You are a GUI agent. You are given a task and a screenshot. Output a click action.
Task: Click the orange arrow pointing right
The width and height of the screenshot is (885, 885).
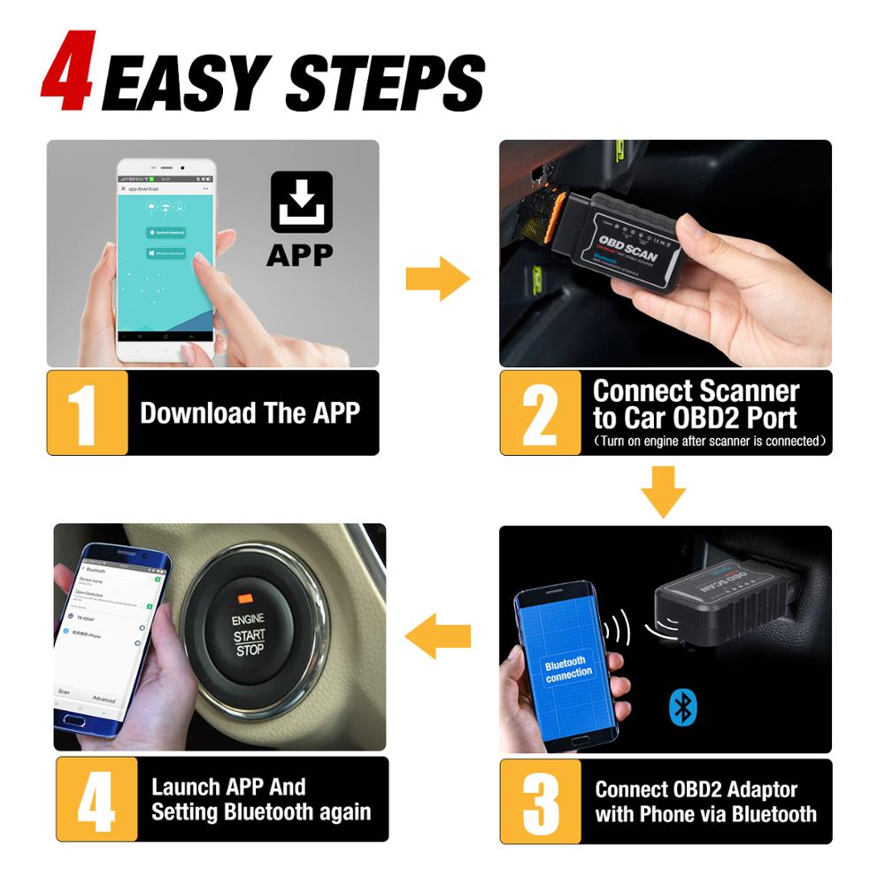tap(438, 281)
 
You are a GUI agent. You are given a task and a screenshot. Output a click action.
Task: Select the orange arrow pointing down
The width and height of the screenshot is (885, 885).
tap(663, 491)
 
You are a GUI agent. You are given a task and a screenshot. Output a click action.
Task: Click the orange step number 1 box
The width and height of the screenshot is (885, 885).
tap(87, 412)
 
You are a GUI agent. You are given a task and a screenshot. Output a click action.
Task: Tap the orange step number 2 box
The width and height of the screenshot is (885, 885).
tap(540, 412)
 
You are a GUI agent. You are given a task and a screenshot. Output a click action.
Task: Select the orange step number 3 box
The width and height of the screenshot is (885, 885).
tap(540, 801)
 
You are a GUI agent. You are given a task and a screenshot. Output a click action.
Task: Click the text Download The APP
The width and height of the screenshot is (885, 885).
tap(250, 413)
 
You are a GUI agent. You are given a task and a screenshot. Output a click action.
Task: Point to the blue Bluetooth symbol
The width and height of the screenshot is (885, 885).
tap(682, 705)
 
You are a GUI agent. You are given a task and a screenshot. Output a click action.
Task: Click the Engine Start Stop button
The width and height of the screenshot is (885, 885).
tap(249, 632)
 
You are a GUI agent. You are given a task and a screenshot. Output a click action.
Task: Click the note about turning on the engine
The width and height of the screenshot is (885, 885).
tap(709, 441)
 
